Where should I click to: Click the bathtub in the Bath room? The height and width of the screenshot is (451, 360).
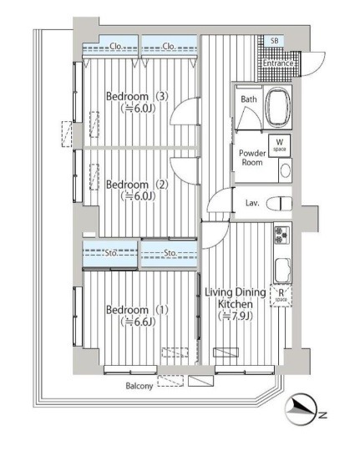278,107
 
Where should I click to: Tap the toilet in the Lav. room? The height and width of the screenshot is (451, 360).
279,204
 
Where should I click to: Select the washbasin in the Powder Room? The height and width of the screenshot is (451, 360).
286,171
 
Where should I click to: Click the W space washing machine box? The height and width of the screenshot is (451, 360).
280,145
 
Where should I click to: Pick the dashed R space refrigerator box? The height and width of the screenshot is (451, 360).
281,296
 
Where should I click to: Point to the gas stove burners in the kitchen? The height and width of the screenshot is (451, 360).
281,235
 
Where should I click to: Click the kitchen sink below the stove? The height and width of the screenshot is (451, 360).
282,270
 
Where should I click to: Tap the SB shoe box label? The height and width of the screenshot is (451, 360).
275,41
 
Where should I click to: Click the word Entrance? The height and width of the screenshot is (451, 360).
278,63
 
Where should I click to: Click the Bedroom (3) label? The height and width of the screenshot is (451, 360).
137,96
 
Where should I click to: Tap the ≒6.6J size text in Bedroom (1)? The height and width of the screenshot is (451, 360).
138,322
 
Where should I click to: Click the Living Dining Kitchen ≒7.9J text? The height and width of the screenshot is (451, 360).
236,304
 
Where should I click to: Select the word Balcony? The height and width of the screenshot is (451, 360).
139,386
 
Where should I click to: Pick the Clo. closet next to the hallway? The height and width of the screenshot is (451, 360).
170,45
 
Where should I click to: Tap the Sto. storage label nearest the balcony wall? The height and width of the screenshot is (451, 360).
111,253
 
